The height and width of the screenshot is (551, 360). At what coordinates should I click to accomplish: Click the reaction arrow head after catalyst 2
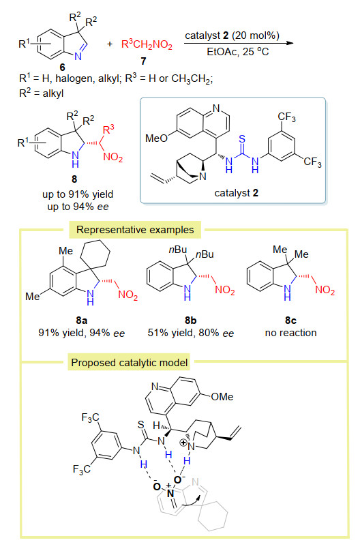pos(290,43)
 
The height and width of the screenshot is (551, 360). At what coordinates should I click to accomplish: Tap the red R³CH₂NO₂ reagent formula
pos(147,44)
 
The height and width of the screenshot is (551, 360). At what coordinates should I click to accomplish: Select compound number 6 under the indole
pos(62,67)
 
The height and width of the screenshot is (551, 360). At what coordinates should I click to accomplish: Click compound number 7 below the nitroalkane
pos(143,61)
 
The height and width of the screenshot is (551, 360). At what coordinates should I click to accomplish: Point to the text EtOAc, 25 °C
pos(238,52)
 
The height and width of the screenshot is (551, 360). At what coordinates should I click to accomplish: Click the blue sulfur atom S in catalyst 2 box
pos(242,139)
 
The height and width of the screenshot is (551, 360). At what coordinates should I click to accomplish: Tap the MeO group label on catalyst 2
pos(157,138)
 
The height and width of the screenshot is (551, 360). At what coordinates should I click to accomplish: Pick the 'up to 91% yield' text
pos(78,194)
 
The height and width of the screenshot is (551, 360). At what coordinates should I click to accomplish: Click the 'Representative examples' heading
pos(135,230)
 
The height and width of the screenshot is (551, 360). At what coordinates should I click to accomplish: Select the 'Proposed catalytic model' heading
pos(130,362)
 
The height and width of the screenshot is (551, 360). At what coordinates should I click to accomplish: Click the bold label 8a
pos(82,320)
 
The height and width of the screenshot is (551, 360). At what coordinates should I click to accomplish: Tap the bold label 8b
pos(191,320)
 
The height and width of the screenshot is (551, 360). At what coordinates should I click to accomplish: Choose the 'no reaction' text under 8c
pos(291,333)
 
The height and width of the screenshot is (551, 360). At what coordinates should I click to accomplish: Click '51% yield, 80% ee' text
pos(191,333)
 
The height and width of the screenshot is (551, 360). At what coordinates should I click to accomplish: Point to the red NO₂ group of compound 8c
pos(325,290)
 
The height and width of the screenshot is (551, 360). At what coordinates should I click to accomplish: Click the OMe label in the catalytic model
pos(222,397)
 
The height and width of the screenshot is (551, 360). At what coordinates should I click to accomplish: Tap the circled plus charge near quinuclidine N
pos(183,443)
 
